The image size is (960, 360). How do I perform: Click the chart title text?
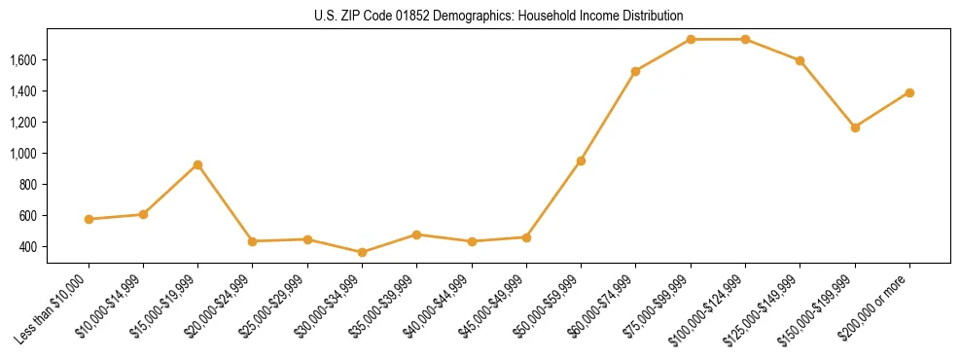499,16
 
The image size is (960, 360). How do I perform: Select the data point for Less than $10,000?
89,219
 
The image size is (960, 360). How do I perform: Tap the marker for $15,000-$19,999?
197,164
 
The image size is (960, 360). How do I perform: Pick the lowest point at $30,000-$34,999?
362,252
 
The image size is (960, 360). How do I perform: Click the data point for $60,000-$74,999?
635,71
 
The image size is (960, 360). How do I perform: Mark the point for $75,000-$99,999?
691,39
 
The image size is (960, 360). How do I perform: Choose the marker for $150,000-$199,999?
855,127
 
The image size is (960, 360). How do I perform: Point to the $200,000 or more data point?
909,92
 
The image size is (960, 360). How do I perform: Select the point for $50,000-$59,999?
581,161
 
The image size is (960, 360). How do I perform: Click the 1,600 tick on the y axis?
22,59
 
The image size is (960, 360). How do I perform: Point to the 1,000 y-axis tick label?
22,153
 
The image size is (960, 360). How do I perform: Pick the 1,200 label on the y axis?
22,122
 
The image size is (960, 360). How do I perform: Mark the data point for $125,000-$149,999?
800,60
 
